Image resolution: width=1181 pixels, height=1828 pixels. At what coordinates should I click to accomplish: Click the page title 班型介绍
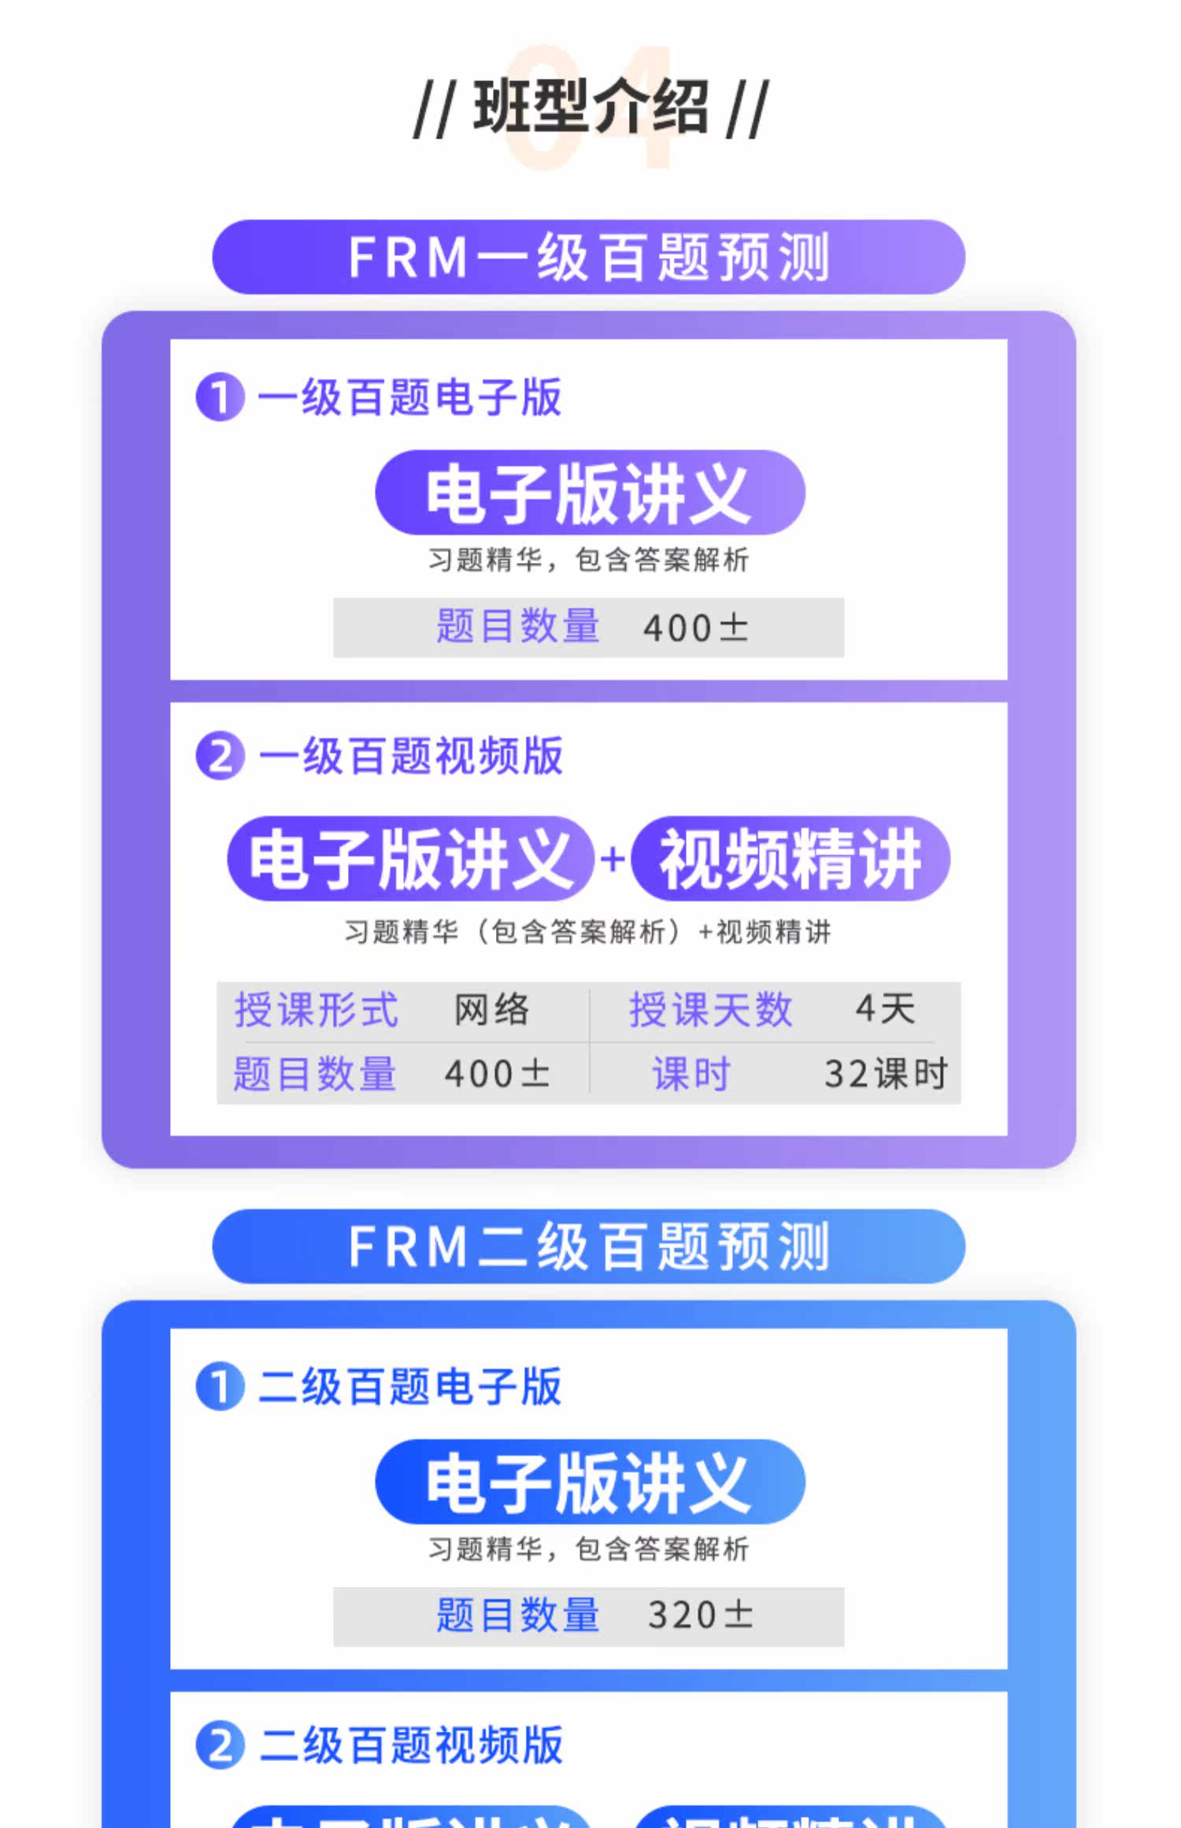(590, 108)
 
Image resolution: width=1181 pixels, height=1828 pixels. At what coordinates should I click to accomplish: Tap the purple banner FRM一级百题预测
(589, 257)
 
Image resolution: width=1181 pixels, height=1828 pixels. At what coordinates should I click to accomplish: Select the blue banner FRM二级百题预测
(589, 1246)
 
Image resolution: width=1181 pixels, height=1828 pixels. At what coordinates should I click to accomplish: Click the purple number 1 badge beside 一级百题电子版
(220, 397)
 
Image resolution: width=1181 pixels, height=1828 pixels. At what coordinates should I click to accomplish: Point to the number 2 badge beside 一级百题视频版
(220, 757)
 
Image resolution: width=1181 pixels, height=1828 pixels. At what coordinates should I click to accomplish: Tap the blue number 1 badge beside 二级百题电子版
(220, 1386)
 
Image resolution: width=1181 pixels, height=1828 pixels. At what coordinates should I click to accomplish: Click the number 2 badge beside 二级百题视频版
(220, 1745)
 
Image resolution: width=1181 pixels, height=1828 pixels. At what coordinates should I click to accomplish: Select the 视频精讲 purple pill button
(790, 859)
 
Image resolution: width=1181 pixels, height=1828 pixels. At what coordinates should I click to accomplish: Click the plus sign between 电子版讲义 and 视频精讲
(612, 858)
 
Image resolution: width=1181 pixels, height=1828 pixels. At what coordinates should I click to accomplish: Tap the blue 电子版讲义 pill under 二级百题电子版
(590, 1482)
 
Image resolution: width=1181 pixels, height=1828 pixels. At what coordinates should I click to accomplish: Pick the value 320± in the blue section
(700, 1615)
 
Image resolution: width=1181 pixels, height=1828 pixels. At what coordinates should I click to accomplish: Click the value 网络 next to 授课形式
(491, 1009)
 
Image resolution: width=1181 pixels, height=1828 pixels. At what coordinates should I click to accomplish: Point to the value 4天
(885, 1008)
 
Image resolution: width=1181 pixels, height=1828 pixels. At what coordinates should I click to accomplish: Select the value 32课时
(886, 1073)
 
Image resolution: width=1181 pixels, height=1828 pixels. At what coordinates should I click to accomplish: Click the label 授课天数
(710, 1009)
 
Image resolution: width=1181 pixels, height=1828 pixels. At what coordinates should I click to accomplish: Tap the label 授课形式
(317, 1009)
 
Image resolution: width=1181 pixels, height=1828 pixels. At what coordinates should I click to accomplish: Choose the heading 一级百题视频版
(410, 757)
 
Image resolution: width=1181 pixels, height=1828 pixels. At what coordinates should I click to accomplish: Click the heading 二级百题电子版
(410, 1386)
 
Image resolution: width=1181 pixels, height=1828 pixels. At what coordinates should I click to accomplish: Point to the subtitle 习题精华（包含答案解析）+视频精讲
(588, 932)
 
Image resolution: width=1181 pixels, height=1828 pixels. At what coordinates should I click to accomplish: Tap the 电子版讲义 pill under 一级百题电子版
(590, 493)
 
